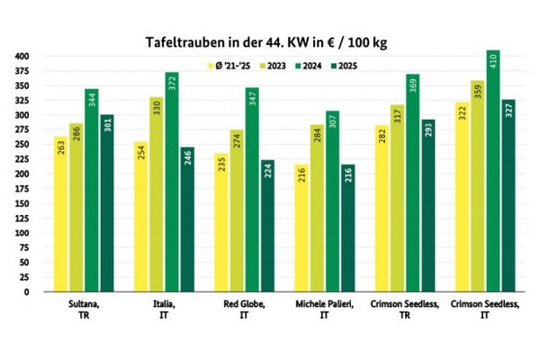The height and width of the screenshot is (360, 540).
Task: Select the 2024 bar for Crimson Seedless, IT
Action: tap(493, 171)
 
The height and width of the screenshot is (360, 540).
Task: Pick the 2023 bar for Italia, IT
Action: tap(156, 194)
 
